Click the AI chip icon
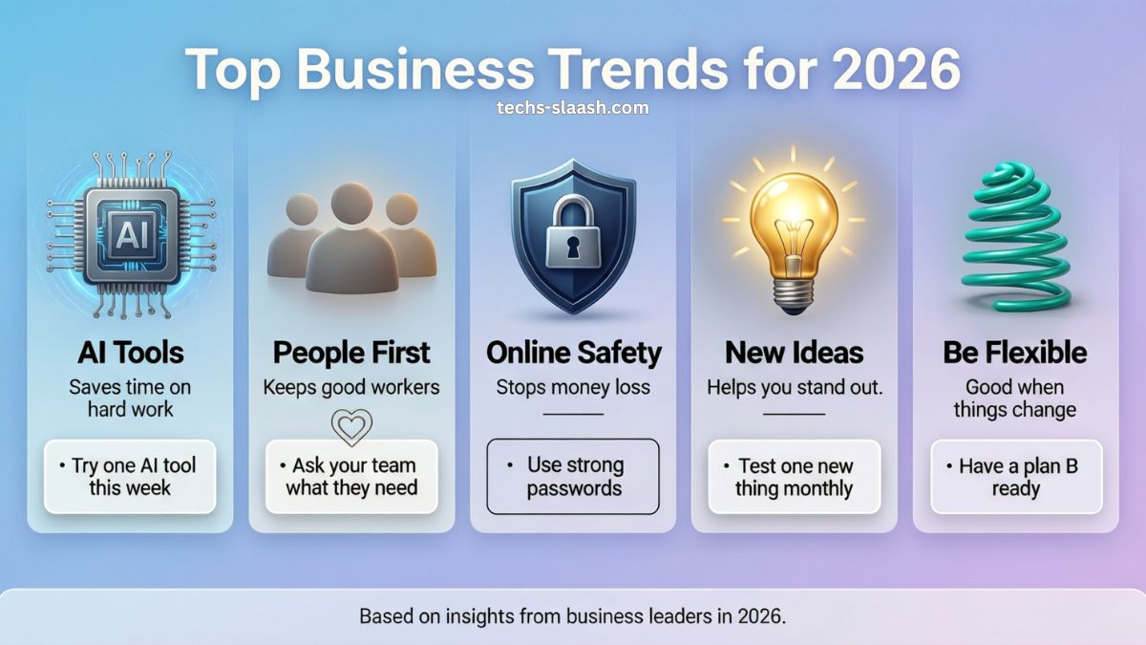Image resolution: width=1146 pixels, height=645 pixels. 131,235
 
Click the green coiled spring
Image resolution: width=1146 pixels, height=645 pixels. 1015,238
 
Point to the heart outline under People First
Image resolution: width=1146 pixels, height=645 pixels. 352,426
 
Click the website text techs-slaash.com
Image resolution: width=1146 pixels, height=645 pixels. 572,107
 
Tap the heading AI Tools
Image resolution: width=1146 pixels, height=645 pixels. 131,353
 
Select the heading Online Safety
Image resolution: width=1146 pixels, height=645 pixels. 574,354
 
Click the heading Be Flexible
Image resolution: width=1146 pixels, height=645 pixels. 1015,353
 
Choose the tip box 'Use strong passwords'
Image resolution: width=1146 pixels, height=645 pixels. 573,477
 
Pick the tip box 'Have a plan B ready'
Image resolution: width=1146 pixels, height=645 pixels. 1016,477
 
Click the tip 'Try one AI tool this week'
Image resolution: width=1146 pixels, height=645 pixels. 130,477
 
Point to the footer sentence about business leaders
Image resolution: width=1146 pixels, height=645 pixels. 572,615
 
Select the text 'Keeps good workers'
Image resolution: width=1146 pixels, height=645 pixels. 351,388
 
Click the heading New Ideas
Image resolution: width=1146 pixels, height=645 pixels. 794,353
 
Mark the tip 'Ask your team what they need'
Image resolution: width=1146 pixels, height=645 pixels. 351,477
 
